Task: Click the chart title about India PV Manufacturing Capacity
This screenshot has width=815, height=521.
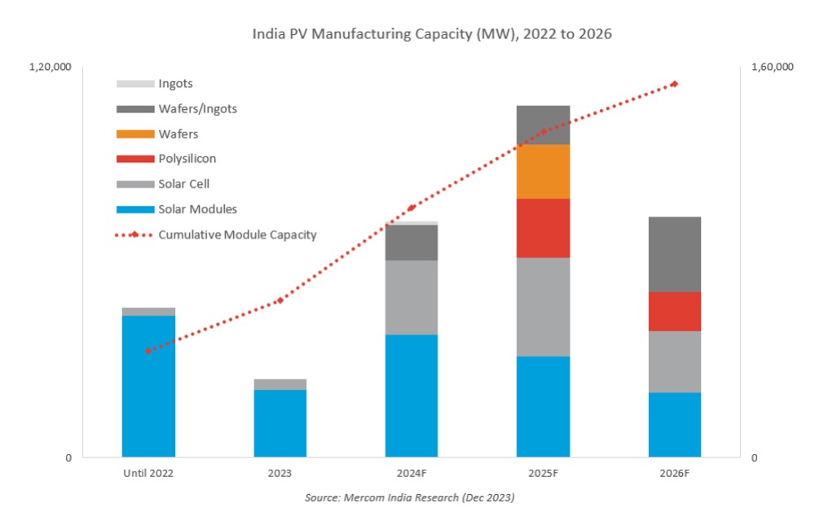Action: [x=432, y=34]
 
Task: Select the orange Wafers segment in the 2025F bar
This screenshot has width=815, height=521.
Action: [x=543, y=171]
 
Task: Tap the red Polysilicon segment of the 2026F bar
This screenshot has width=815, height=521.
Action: [x=675, y=311]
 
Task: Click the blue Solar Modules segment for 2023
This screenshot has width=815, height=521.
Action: [x=280, y=423]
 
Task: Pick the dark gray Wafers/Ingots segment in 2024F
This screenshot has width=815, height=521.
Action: [x=412, y=243]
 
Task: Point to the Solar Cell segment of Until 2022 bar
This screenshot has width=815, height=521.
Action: [x=148, y=311]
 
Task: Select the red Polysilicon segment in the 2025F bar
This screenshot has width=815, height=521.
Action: [x=543, y=228]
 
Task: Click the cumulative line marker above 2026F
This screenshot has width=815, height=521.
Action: [x=675, y=84]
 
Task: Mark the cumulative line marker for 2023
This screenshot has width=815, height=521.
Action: [x=280, y=300]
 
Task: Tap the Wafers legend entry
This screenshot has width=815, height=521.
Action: [x=157, y=134]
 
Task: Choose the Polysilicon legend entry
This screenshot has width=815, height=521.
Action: [x=166, y=159]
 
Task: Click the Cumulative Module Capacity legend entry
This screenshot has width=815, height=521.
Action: [x=216, y=234]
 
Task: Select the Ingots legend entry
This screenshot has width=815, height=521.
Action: [x=154, y=84]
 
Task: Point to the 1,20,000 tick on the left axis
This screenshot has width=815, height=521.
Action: [x=51, y=67]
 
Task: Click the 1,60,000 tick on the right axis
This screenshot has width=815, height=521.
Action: [x=773, y=67]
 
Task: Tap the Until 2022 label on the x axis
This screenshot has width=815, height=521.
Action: [x=148, y=473]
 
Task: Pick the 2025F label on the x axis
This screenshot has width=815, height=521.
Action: [x=543, y=473]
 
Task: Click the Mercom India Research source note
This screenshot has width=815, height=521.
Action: [x=410, y=497]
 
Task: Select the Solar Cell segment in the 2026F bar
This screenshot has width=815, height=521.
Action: [x=675, y=361]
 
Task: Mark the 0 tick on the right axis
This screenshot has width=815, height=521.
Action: [x=754, y=458]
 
